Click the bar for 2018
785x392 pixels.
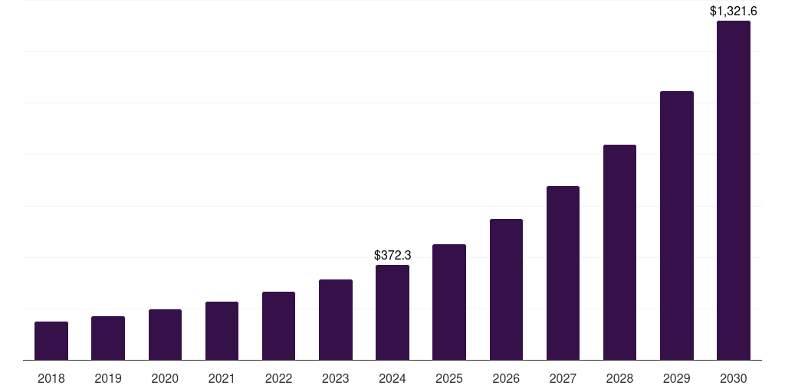[x=51, y=341]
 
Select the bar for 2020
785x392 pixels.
[x=165, y=335]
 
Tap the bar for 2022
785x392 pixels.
[x=278, y=325]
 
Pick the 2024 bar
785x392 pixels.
[x=392, y=312]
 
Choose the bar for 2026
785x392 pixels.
[x=506, y=289]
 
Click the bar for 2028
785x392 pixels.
[x=619, y=252]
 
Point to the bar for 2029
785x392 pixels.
[x=676, y=225]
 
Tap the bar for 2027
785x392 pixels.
[x=563, y=273]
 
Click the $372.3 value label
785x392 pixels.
[x=392, y=255]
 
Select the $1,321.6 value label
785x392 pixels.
[x=733, y=11]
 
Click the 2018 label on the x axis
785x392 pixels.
[x=51, y=378]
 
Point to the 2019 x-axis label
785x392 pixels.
[x=108, y=378]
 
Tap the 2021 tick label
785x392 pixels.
[x=222, y=378]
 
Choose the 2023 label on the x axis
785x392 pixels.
[x=335, y=378]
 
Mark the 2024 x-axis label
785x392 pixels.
[x=392, y=378]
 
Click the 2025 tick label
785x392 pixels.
[x=449, y=378]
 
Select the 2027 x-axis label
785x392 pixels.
[x=563, y=378]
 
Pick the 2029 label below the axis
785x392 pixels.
[x=676, y=378]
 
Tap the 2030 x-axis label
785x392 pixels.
[x=733, y=378]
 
